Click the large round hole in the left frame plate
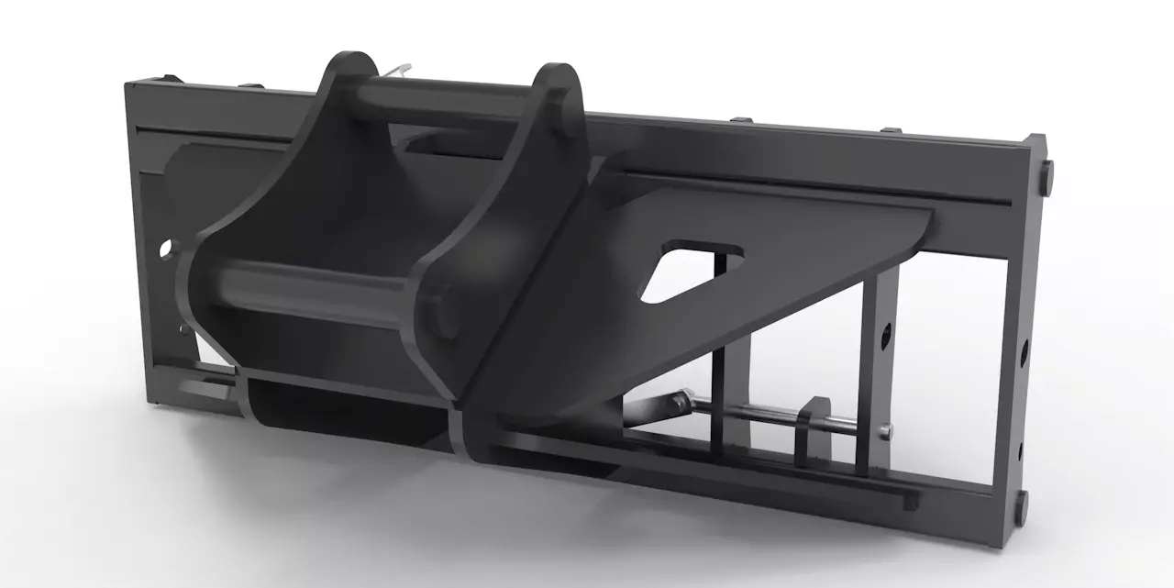click(x=165, y=248)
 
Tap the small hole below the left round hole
click(x=183, y=330)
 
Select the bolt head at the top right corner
click(x=1047, y=170)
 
